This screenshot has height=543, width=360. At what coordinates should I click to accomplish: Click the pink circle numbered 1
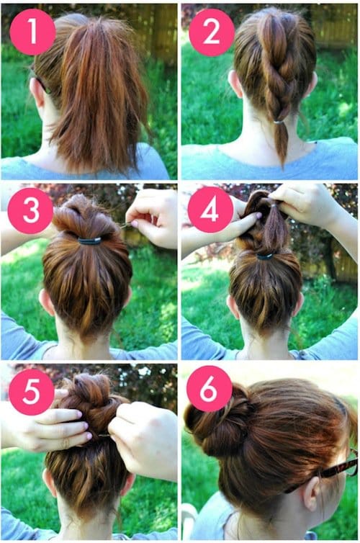click(32, 32)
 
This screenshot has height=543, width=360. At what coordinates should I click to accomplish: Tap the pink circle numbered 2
click(212, 32)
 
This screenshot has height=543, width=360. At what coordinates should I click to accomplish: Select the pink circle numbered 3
click(30, 210)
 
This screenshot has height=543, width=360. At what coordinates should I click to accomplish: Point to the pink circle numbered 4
click(210, 210)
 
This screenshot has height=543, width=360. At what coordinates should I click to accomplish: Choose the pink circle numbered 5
click(32, 392)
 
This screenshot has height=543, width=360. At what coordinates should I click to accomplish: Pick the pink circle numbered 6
click(209, 389)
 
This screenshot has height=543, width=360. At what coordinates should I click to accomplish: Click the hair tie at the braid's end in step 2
click(279, 122)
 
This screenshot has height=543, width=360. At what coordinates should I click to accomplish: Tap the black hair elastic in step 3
click(90, 241)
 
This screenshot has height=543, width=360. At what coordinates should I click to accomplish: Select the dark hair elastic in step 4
click(265, 256)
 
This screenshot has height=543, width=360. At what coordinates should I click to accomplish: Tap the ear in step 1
click(37, 92)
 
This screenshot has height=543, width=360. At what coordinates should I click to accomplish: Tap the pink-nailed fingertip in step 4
click(258, 216)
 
